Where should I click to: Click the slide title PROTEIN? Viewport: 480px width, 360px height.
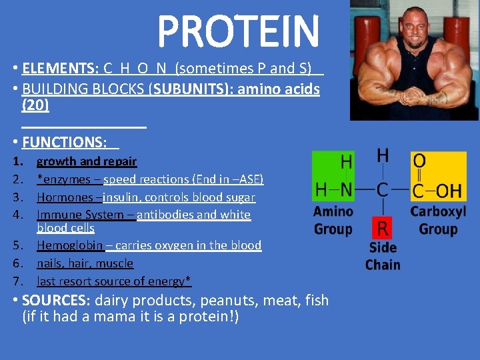pyautogui.click(x=238, y=31)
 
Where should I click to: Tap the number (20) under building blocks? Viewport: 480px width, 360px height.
pyautogui.click(x=35, y=105)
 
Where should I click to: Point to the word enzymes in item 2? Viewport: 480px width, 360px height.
pyautogui.click(x=63, y=179)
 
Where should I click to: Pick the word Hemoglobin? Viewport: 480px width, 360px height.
pyautogui.click(x=70, y=245)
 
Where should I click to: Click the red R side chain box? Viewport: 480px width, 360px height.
pyautogui.click(x=382, y=228)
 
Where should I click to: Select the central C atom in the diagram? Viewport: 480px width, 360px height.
pyautogui.click(x=382, y=190)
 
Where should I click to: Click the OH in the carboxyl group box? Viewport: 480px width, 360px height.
pyautogui.click(x=447, y=191)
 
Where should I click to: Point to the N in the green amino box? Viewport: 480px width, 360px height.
pyautogui.click(x=346, y=190)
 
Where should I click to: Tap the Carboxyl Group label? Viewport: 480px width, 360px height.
pyautogui.click(x=438, y=221)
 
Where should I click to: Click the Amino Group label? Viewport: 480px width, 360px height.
pyautogui.click(x=333, y=221)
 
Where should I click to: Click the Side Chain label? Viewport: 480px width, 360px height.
pyautogui.click(x=383, y=256)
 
